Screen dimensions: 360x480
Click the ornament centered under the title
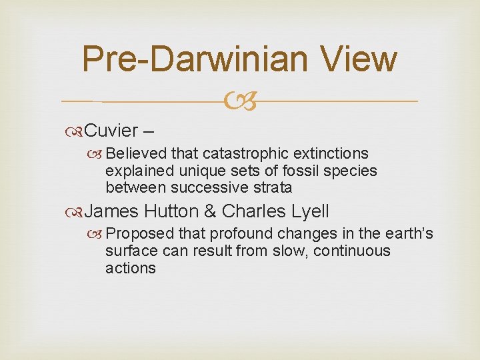click(240, 102)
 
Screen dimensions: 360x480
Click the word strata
click(271, 187)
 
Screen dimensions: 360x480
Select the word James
click(112, 211)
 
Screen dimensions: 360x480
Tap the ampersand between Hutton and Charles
click(210, 211)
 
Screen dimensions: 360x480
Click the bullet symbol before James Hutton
click(76, 212)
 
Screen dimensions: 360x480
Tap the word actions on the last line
click(130, 268)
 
